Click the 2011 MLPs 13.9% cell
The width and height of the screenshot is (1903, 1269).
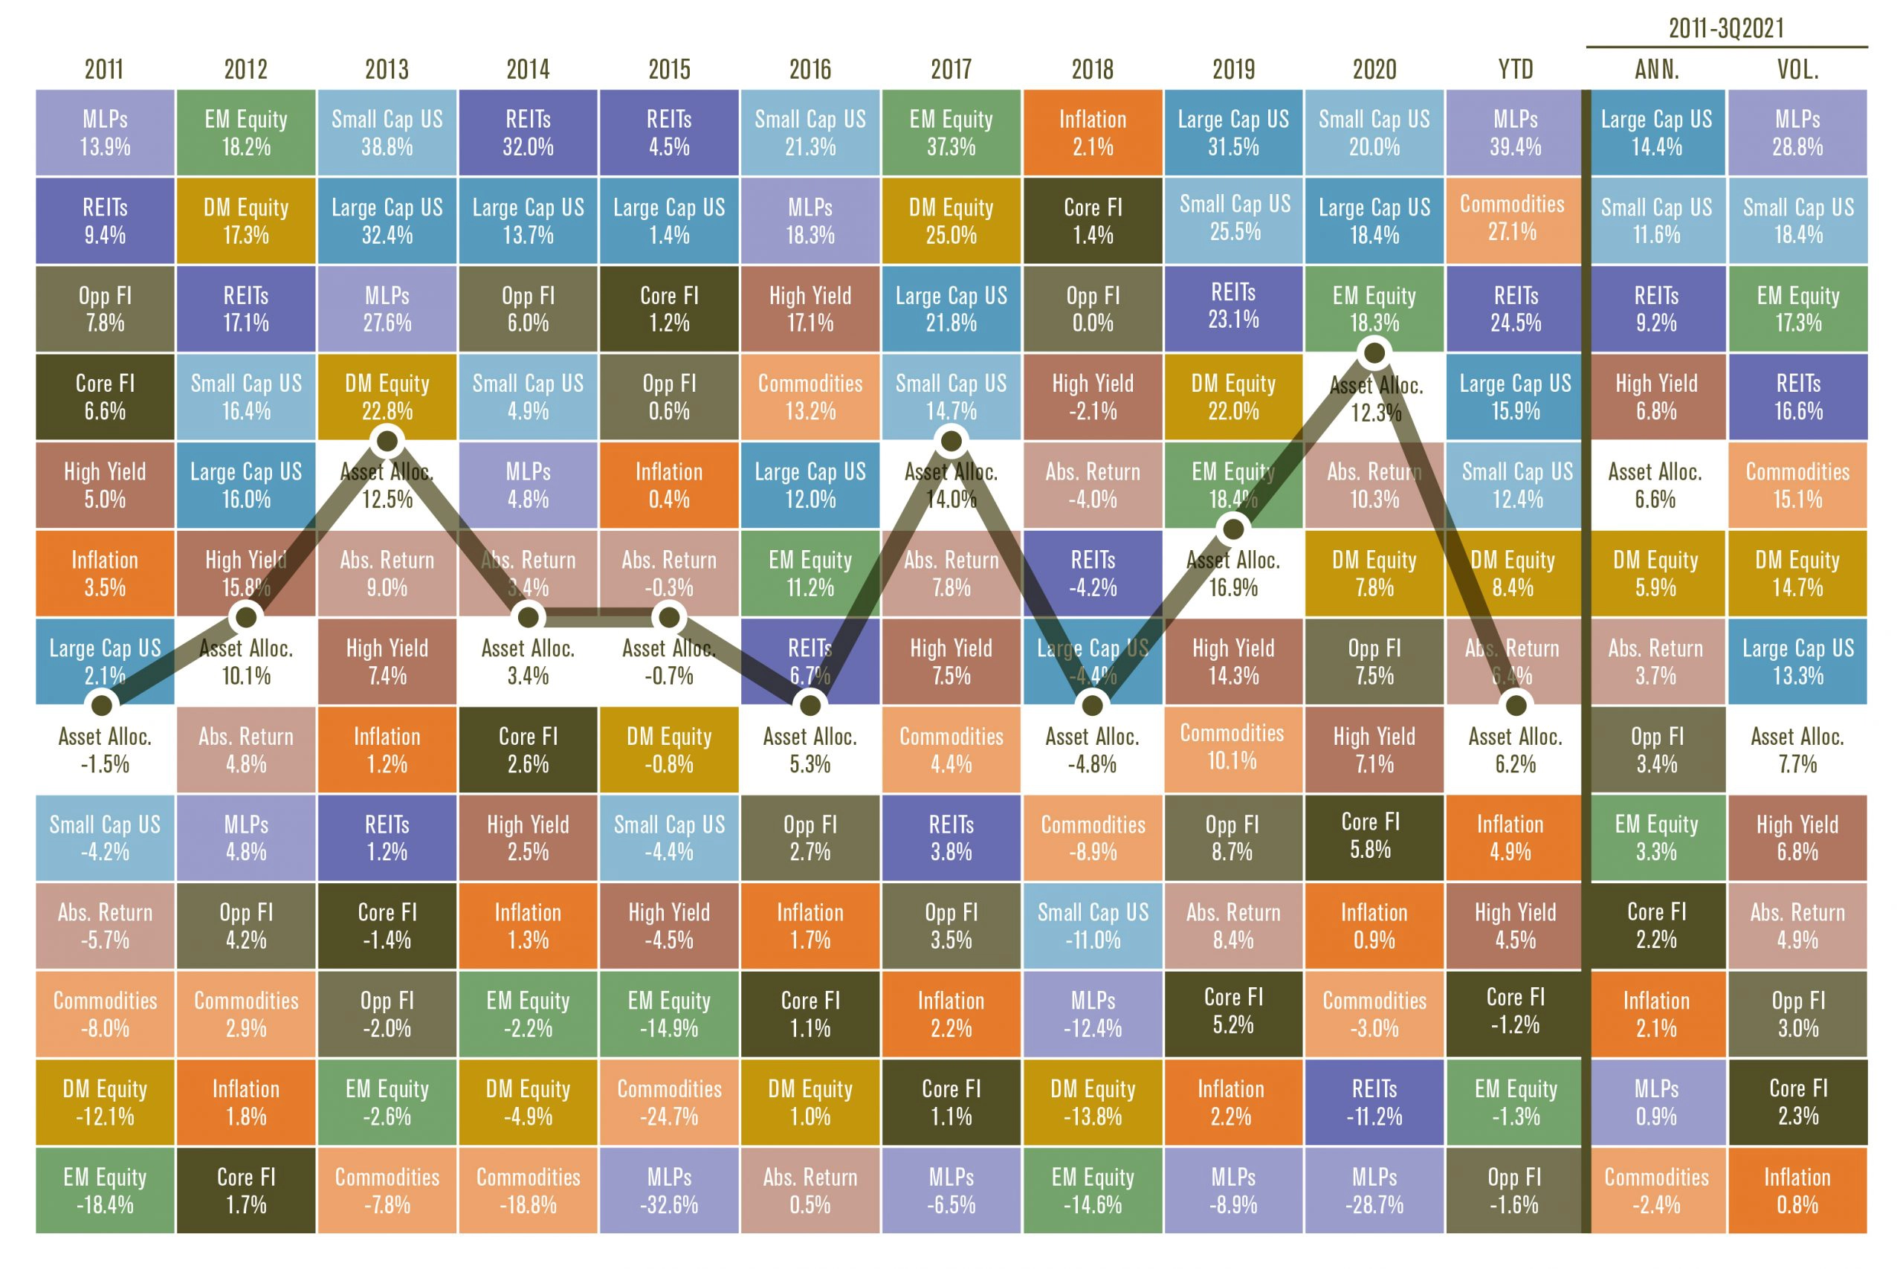pyautogui.click(x=105, y=133)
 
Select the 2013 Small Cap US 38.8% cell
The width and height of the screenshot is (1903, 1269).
pyautogui.click(x=387, y=133)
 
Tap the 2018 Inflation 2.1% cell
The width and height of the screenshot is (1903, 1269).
pyautogui.click(x=1092, y=133)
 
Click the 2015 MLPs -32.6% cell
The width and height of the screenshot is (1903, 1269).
pyautogui.click(x=669, y=1189)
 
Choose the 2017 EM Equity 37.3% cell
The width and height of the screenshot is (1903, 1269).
pyautogui.click(x=951, y=133)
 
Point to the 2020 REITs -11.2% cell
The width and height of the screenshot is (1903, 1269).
pyautogui.click(x=1374, y=1102)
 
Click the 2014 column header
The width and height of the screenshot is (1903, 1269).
pyautogui.click(x=528, y=70)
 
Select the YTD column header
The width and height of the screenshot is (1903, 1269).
pyautogui.click(x=1516, y=70)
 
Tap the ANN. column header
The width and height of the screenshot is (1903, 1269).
pyautogui.click(x=1656, y=70)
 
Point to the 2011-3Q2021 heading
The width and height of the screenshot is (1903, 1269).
pyautogui.click(x=1726, y=28)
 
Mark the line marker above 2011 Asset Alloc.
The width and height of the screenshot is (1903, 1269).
pyautogui.click(x=102, y=705)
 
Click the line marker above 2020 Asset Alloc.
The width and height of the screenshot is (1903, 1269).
pyautogui.click(x=1374, y=353)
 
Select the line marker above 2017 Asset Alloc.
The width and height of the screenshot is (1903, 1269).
pyautogui.click(x=951, y=441)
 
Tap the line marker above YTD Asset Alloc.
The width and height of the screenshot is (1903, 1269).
pyautogui.click(x=1516, y=705)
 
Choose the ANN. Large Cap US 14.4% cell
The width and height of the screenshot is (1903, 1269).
pyautogui.click(x=1656, y=133)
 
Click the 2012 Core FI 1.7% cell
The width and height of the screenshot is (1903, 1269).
pyautogui.click(x=246, y=1189)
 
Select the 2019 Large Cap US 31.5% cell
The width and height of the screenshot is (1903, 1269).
pyautogui.click(x=1233, y=133)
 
